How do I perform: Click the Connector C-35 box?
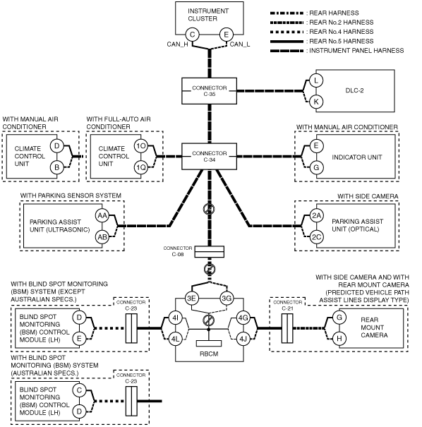coord(209,91)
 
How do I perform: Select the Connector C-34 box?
coord(209,156)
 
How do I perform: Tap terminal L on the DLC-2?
coord(316,80)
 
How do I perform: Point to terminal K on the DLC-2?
coord(316,102)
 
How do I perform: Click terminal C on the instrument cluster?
coord(192,35)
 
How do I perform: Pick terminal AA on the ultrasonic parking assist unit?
coord(102,216)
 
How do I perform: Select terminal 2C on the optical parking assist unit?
coord(316,237)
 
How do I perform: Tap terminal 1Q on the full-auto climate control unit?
coord(141,167)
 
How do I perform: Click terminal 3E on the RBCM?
coord(192,299)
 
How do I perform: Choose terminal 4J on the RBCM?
coord(243,339)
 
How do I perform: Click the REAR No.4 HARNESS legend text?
coord(342,32)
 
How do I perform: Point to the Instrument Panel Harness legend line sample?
coord(287,51)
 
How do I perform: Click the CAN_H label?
coord(177,44)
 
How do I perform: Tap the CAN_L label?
coord(240,44)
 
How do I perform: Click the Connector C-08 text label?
coord(178,251)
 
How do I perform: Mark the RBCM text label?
coord(209,354)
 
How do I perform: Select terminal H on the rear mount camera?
coord(339,339)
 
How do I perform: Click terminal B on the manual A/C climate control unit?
coord(57,167)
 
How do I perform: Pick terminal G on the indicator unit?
coord(316,167)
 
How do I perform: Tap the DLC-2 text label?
coord(354,90)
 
